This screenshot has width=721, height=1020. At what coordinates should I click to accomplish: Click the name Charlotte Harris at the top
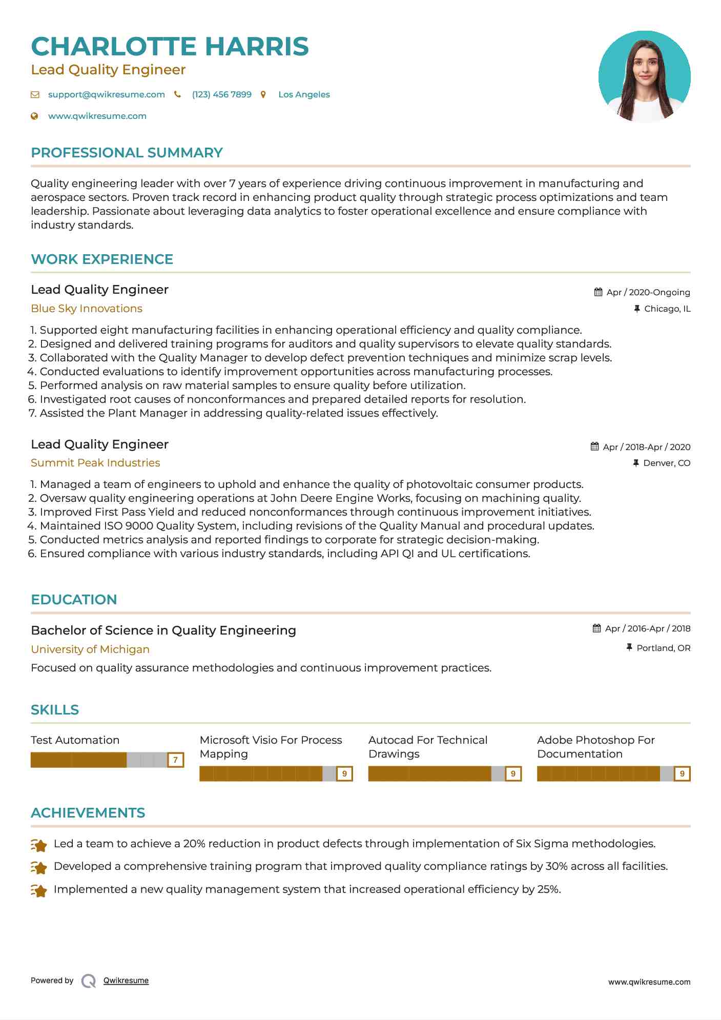pos(170,46)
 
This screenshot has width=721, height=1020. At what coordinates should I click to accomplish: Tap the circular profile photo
pos(644,76)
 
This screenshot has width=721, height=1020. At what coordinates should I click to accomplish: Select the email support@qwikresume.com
pos(106,94)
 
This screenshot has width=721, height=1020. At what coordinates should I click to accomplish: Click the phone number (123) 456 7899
pos(221,94)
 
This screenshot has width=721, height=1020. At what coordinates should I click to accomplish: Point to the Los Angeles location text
pos(304,94)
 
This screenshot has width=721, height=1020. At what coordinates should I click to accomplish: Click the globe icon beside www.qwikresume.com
pos(34,116)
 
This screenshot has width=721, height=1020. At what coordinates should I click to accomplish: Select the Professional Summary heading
pos(127,153)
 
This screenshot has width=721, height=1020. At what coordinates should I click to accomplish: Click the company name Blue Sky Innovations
pos(87,309)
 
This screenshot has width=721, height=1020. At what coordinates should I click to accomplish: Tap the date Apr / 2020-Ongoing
pos(648,292)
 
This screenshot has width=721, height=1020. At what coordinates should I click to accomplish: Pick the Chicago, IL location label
pos(667,309)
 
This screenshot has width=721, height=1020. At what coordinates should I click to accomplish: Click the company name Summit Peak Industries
pos(95,463)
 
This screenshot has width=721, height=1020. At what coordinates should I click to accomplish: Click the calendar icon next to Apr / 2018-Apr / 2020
pos(594,446)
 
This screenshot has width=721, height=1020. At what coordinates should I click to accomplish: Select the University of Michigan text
pos(90,649)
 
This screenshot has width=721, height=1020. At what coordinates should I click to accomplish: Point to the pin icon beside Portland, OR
pos(629,648)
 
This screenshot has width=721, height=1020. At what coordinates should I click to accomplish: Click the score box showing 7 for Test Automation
pos(175,760)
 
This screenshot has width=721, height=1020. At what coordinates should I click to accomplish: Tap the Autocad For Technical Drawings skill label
pos(427,747)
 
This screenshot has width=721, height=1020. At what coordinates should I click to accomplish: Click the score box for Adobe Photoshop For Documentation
pos(682,773)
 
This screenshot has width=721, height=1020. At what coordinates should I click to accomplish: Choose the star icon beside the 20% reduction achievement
pos(39,845)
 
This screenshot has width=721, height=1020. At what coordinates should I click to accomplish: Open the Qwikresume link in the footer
pos(126,981)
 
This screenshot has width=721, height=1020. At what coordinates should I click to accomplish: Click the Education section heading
pos(74,600)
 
